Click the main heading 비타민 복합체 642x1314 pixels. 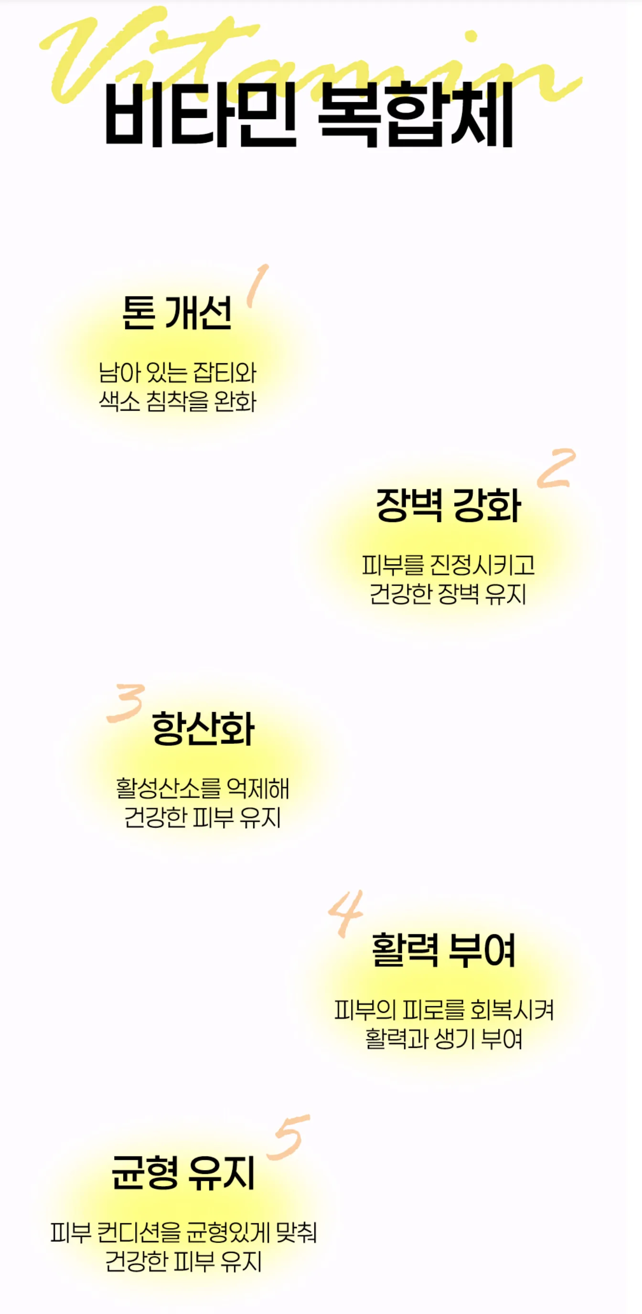[309, 114]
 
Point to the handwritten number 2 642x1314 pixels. [556, 468]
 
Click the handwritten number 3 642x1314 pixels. [126, 703]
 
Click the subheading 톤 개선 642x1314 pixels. [177, 312]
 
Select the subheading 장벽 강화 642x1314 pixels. [448, 505]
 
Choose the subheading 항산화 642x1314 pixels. [203, 729]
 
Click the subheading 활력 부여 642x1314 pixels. [443, 950]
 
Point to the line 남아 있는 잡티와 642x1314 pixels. [178, 372]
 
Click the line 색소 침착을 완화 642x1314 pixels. [178, 401]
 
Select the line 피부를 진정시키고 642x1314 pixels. [448, 565]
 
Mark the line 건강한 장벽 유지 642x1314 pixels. [448, 593]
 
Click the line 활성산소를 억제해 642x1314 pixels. [203, 789]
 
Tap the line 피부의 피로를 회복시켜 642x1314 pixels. [444, 1009]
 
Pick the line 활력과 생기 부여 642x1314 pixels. [444, 1038]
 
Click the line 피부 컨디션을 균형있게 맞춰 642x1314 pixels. [184, 1233]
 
